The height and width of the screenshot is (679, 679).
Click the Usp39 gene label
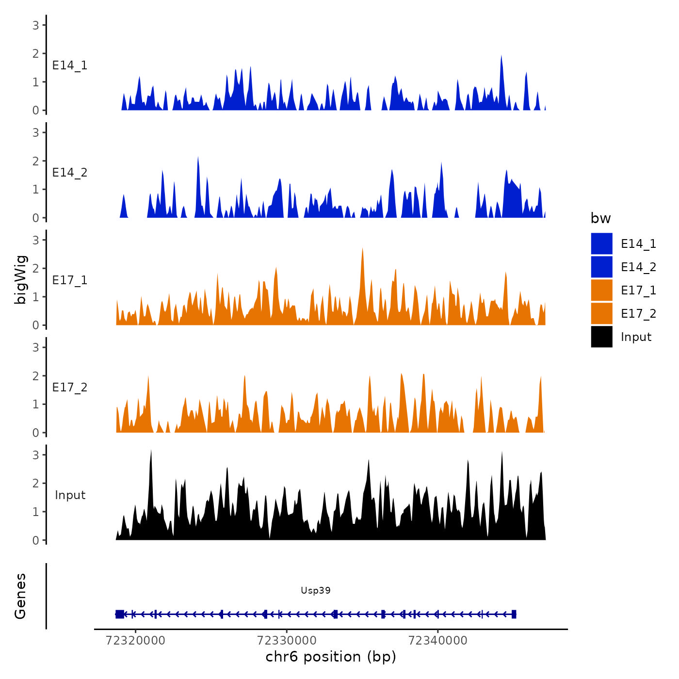click(315, 590)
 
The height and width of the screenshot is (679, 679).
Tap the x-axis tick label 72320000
click(135, 641)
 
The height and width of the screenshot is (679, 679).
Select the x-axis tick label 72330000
click(287, 641)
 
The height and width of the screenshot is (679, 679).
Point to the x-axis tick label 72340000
click(438, 641)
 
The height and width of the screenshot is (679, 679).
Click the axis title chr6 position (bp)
click(331, 657)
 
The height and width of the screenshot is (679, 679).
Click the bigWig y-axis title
click(20, 279)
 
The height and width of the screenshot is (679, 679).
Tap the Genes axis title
click(20, 596)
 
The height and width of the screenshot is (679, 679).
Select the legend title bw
click(600, 218)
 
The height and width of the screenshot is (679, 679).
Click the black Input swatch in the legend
click(601, 337)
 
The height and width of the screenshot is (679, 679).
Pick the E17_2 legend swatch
click(601, 313)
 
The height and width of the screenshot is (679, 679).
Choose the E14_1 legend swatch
click(601, 243)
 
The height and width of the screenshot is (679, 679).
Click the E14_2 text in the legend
click(638, 267)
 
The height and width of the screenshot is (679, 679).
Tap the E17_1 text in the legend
click(638, 291)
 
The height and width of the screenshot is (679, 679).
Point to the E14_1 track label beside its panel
click(70, 65)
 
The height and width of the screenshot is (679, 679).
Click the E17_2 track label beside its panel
click(70, 388)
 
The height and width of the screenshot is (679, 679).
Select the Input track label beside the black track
click(70, 495)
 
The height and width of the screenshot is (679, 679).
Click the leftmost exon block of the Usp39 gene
click(120, 614)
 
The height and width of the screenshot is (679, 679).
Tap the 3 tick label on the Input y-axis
click(35, 455)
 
